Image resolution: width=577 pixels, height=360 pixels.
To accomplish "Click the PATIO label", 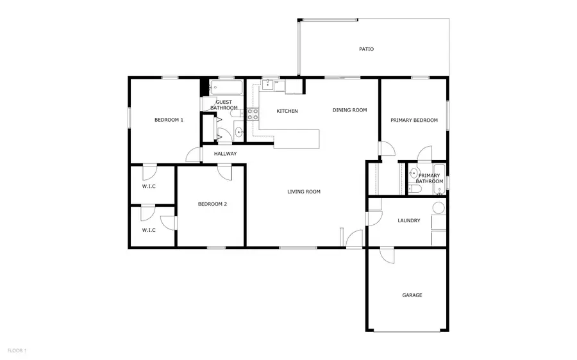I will pos(366,49).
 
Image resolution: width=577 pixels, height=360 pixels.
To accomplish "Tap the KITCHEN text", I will pos(287,111).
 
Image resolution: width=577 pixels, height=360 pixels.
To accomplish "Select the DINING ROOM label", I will pos(349,110).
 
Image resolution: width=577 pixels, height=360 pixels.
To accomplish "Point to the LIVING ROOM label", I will pos(303,192).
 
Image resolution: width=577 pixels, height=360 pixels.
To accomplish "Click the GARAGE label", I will pos(412,295).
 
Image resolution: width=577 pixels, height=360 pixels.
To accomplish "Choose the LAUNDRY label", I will pos(408,221).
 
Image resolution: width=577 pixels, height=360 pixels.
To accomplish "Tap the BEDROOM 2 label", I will pos(212,204).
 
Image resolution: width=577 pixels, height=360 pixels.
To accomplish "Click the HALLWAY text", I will pos(225,154).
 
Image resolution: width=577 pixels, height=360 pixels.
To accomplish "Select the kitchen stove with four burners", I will pos(253,115).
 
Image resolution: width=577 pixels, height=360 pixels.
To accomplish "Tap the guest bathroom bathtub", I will pos(225,86).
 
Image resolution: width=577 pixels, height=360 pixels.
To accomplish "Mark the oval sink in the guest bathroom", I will pos(239,133).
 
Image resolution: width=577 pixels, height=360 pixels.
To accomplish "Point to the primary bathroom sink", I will pos(414,173).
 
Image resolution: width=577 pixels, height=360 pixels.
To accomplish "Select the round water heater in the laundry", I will pos(439,208).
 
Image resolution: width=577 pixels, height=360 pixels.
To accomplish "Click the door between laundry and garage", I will pos(386,254).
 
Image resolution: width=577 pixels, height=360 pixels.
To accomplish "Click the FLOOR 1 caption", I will pos(17,350).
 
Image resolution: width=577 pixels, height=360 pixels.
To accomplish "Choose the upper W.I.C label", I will pos(149,186).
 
